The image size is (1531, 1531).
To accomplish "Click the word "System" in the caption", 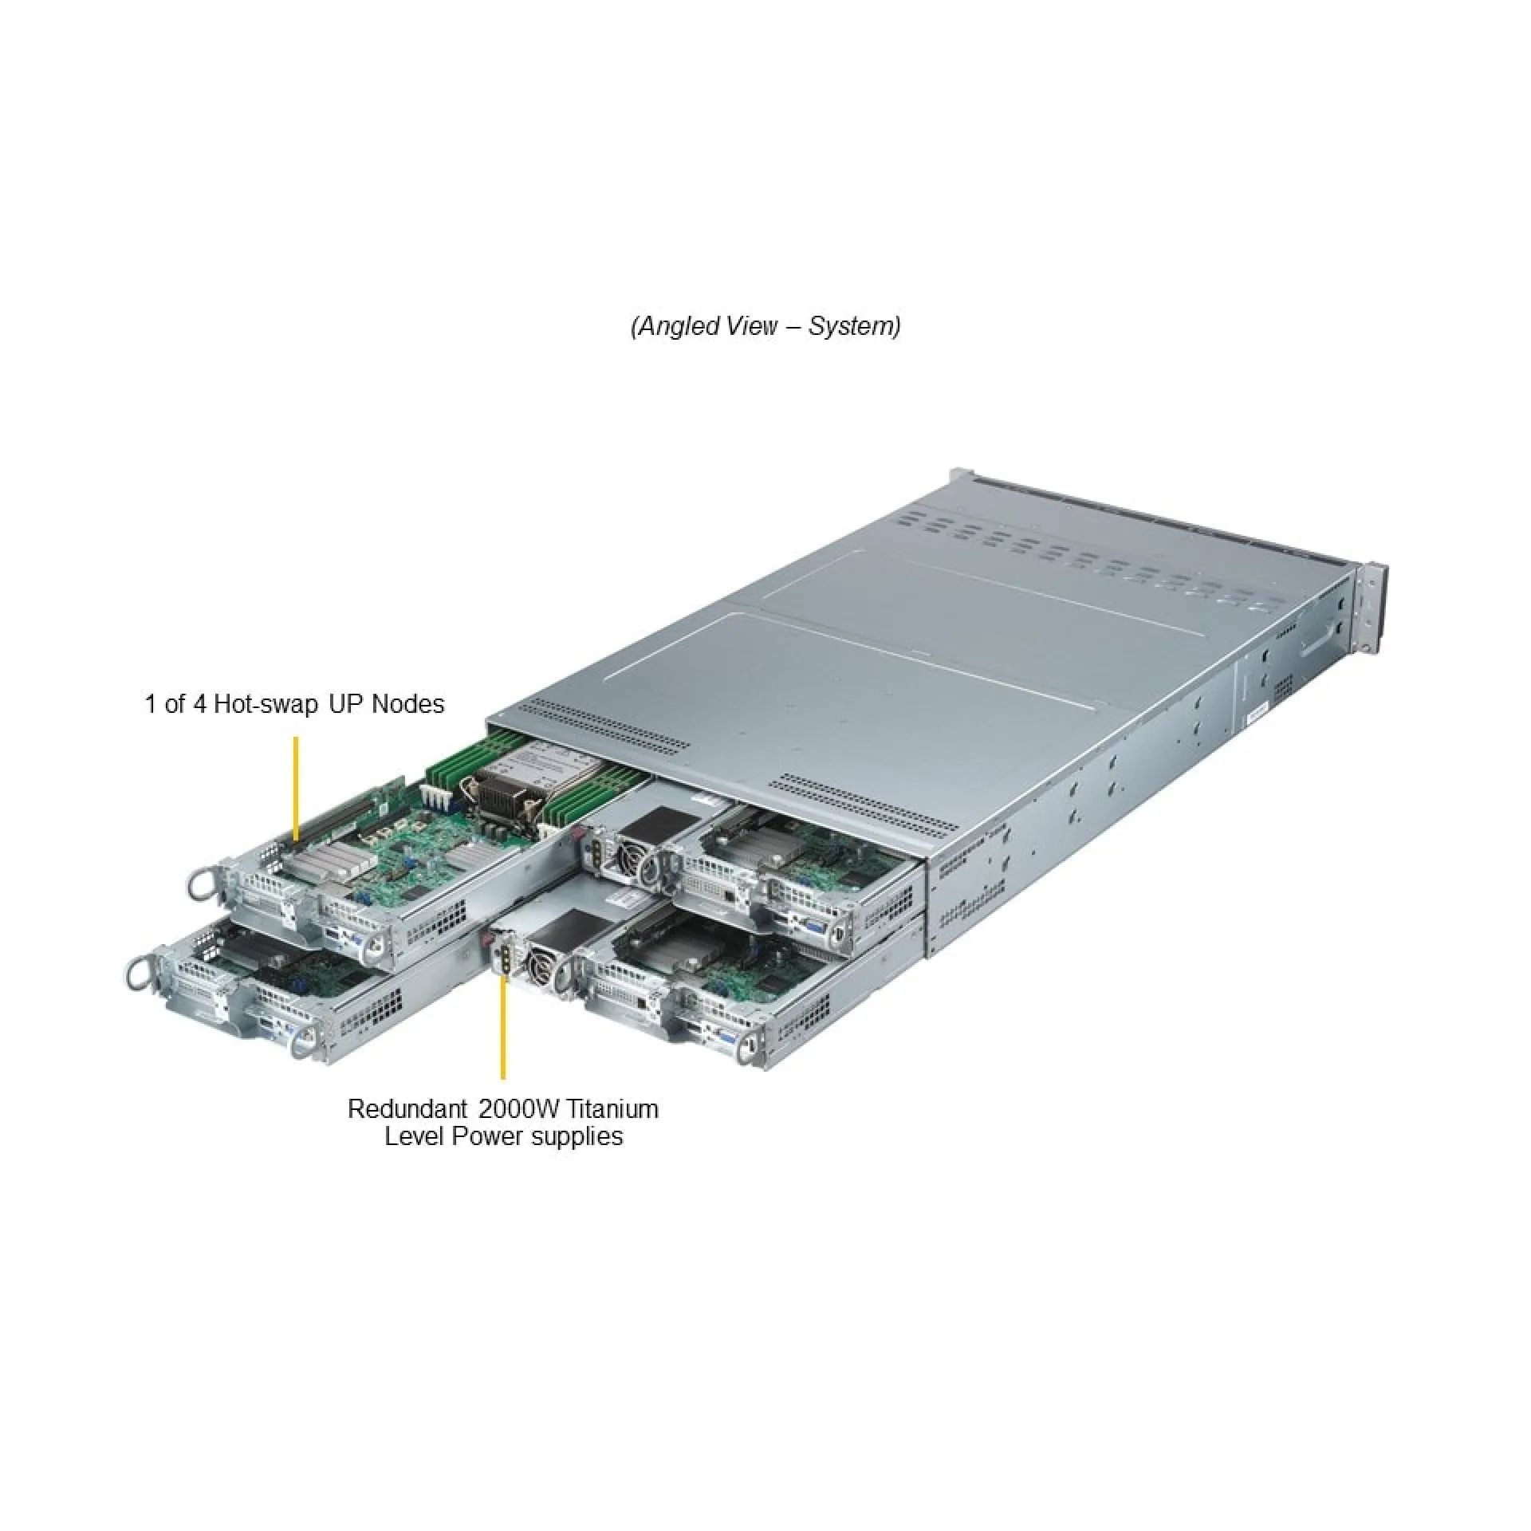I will pyautogui.click(x=850, y=325).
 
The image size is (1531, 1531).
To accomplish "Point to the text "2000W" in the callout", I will pyautogui.click(x=521, y=1109).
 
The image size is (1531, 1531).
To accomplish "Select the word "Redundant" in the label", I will pyautogui.click(x=407, y=1109).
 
